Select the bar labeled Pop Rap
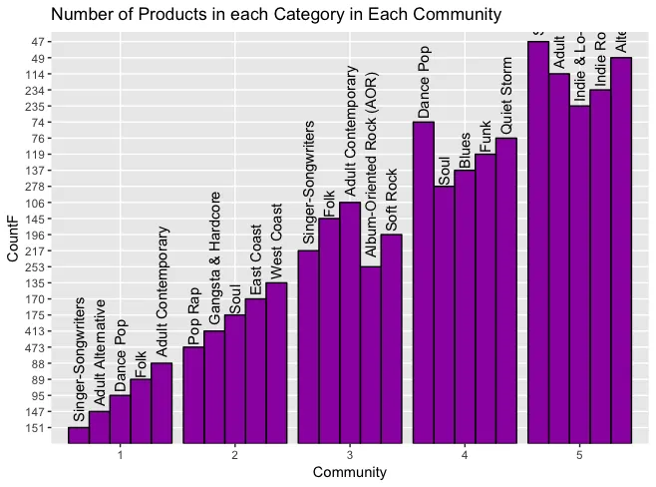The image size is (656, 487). [193, 394]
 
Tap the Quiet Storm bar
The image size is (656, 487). [506, 289]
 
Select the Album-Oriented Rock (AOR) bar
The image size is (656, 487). [370, 354]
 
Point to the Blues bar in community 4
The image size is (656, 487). [465, 305]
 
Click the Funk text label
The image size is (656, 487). [486, 136]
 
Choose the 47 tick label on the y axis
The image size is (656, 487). [37, 42]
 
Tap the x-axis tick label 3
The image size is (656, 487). [350, 455]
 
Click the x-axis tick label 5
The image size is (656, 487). [579, 455]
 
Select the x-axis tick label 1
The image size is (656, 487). [120, 455]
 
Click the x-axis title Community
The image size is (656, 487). [349, 473]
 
